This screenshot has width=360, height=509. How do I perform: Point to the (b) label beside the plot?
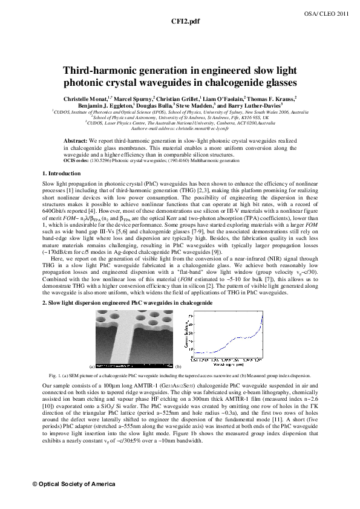pos(178,366)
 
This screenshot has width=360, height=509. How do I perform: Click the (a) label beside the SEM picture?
pos(91,366)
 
